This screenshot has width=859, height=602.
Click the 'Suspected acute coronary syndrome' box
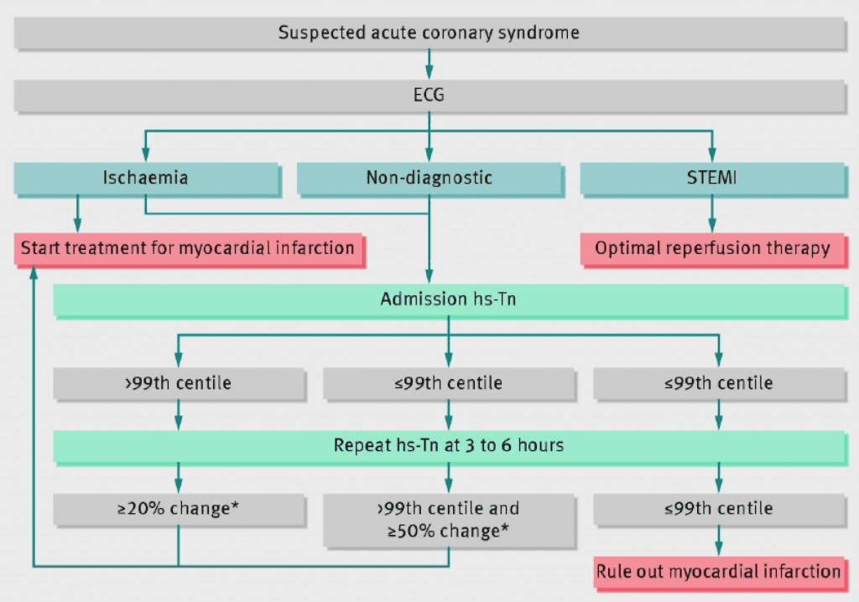tap(429, 34)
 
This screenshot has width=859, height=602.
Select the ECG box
tap(429, 96)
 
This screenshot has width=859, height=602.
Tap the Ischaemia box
tap(145, 178)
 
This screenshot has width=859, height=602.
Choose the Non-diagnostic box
tap(429, 178)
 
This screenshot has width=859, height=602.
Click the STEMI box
tap(712, 178)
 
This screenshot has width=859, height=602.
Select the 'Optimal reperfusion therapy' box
tap(712, 248)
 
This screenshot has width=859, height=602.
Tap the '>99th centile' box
tap(178, 383)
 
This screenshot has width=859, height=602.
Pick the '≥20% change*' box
tap(178, 508)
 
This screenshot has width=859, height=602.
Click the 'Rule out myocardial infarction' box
tap(718, 572)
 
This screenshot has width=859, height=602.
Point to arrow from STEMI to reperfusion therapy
tap(712, 213)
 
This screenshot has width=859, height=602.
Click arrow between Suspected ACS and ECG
tap(429, 64)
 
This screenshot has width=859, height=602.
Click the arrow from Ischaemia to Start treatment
tap(78, 213)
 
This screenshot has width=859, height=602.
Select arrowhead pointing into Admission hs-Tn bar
tap(429, 276)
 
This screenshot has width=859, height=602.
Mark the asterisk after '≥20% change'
tap(231, 506)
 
